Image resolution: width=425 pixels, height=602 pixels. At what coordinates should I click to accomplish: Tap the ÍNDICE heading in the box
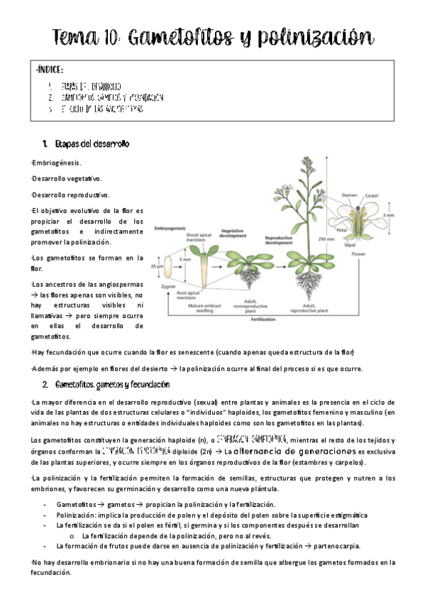pyautogui.click(x=50, y=70)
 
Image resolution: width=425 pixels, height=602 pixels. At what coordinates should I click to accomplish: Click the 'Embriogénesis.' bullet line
pyautogui.click(x=57, y=163)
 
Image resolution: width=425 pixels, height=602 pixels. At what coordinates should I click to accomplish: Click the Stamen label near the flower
pyautogui.click(x=349, y=194)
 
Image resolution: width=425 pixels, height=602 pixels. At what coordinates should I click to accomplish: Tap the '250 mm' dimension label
pyautogui.click(x=326, y=239)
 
